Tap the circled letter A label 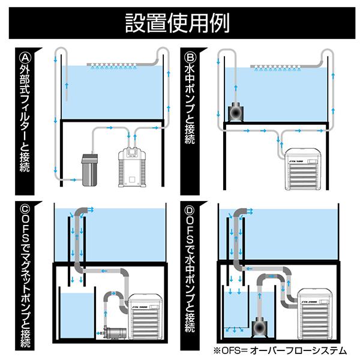coord(25,59)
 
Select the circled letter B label coord(192,59)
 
